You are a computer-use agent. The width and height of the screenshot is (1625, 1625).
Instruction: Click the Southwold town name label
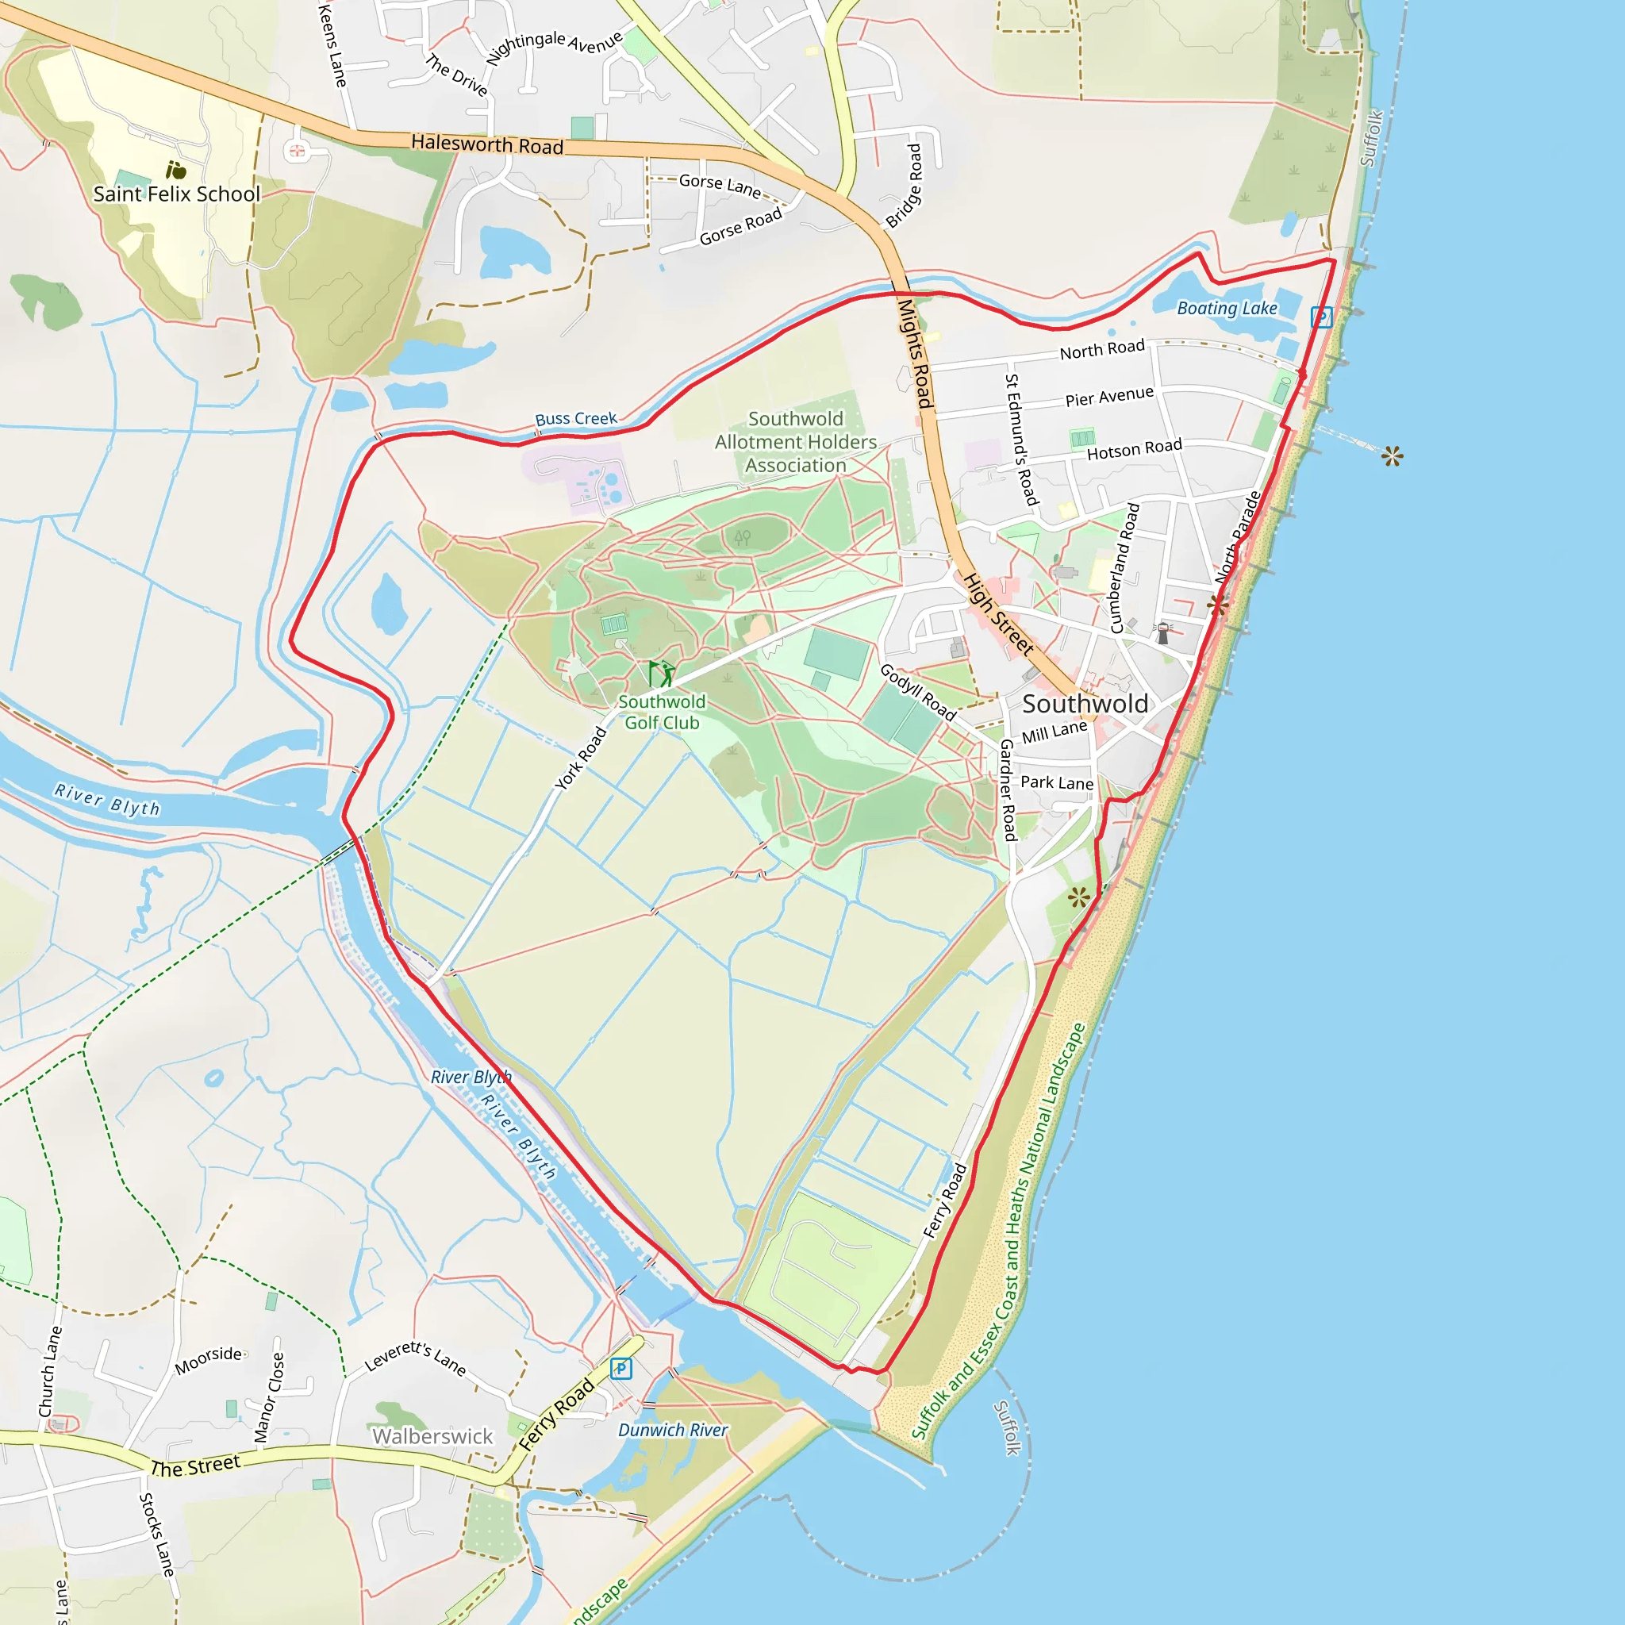[1085, 704]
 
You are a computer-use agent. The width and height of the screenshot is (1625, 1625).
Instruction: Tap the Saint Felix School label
[177, 194]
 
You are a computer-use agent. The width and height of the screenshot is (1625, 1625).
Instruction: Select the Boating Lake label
[1227, 309]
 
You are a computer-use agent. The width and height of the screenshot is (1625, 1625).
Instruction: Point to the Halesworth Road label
[487, 144]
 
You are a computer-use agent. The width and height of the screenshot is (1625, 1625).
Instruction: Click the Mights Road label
[915, 354]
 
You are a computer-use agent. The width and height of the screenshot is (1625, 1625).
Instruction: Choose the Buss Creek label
[575, 419]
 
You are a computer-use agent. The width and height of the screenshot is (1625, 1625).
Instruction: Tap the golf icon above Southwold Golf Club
[661, 674]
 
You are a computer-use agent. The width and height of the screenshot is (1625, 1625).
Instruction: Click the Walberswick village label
[432, 1435]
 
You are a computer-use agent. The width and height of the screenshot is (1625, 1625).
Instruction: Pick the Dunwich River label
[673, 1430]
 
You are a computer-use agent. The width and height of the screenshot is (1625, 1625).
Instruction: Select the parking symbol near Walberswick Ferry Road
[620, 1369]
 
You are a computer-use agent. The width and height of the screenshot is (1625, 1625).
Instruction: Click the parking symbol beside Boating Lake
[1320, 317]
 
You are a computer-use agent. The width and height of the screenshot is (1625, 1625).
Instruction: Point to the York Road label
[581, 759]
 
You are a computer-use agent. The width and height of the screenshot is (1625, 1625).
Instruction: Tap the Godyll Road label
[918, 692]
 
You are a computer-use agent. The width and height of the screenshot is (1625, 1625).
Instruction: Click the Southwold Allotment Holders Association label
[796, 443]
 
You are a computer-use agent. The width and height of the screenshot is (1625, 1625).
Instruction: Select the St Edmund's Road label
[1022, 440]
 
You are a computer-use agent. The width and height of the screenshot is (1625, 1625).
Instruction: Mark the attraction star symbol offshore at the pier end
[1392, 457]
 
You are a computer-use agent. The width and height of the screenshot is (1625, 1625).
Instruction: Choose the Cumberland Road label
[1124, 568]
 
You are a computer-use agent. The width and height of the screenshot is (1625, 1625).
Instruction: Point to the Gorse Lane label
[720, 185]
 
